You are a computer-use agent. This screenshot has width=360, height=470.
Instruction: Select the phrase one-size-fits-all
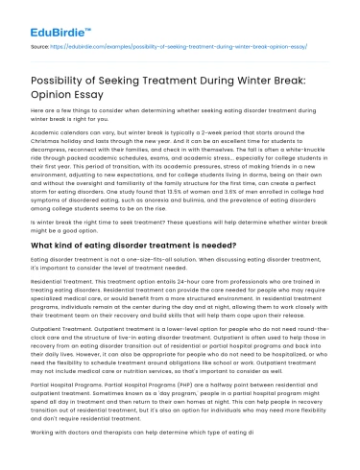click(149, 260)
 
